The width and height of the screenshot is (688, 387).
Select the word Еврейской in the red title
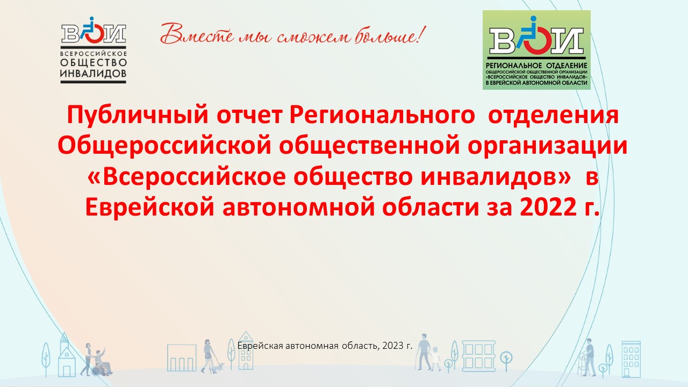[x=149, y=207]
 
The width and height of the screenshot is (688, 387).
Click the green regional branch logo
[x=536, y=50]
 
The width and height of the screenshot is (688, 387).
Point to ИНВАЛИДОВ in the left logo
[x=94, y=74]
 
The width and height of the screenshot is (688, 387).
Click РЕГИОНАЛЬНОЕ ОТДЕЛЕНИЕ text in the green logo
[x=536, y=66]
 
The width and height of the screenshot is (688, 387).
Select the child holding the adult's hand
[x=435, y=359]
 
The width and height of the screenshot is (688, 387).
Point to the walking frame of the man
[x=582, y=365]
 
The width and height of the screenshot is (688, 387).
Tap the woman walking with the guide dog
[x=208, y=356]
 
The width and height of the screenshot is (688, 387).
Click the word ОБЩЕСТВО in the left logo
[x=94, y=63]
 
